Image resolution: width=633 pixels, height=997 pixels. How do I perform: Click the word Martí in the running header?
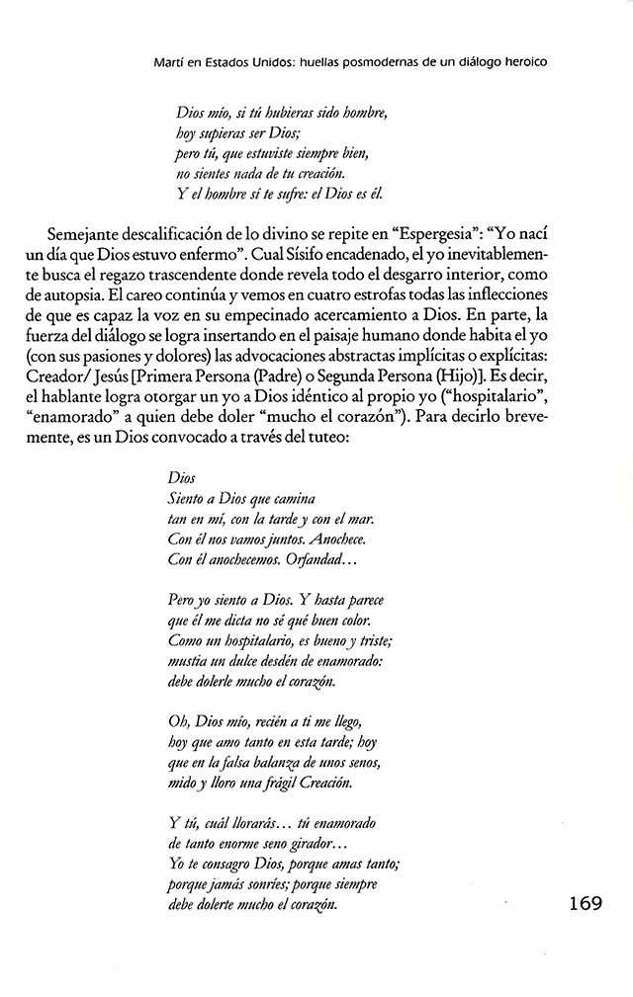(168, 61)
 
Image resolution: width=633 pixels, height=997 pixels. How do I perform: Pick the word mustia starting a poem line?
(190, 661)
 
